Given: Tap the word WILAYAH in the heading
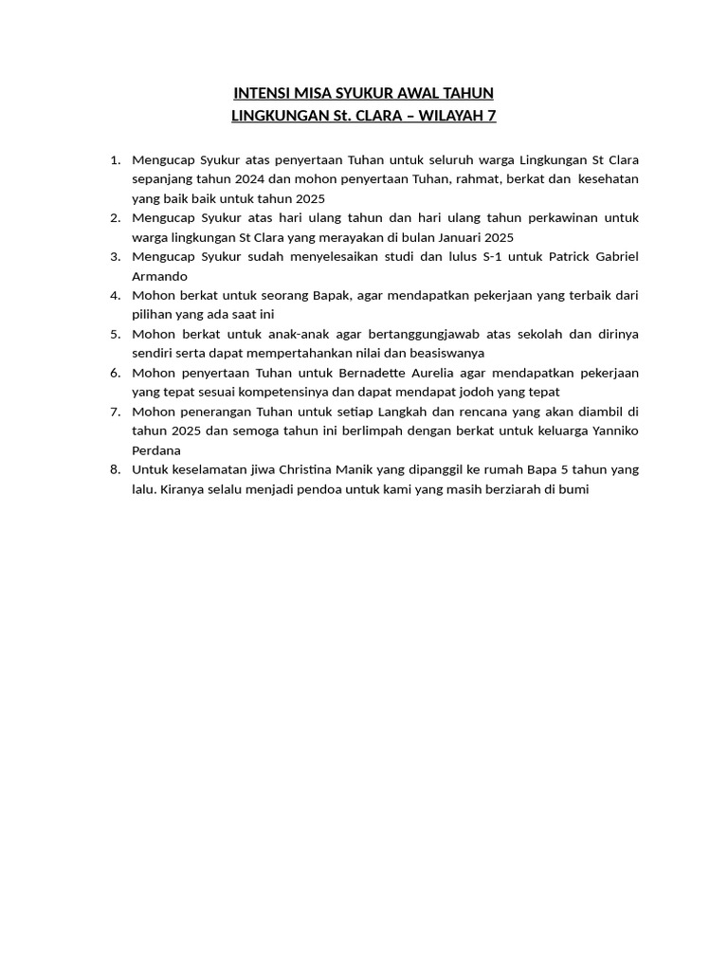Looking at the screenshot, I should pyautogui.click(x=447, y=116).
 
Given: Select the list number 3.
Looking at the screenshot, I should pyautogui.click(x=115, y=256).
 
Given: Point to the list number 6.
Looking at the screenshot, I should pyautogui.click(x=115, y=373).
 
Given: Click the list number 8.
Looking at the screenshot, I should pyautogui.click(x=115, y=469).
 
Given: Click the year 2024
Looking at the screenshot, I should pyautogui.click(x=238, y=178).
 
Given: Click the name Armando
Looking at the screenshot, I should pyautogui.click(x=160, y=276).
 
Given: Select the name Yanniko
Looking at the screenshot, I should pyautogui.click(x=610, y=431).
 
